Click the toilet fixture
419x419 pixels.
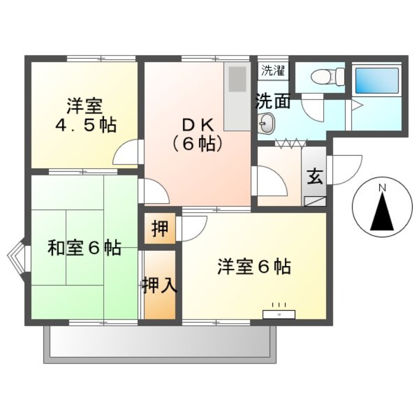[x=326, y=78]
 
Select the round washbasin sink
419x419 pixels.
[x=266, y=124]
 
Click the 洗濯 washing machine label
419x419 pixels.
[x=272, y=71]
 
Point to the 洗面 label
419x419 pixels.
[x=273, y=101]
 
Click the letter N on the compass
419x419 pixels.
[x=382, y=188]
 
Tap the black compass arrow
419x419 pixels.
[x=382, y=212]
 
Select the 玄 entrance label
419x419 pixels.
[x=314, y=177]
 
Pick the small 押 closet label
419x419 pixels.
[x=160, y=229]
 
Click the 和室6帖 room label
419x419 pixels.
[x=84, y=248]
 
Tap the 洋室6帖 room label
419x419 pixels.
[x=254, y=267]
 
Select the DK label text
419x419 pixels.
[x=196, y=125]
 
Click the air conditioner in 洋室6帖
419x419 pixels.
[x=279, y=314]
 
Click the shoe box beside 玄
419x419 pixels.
[x=315, y=200]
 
